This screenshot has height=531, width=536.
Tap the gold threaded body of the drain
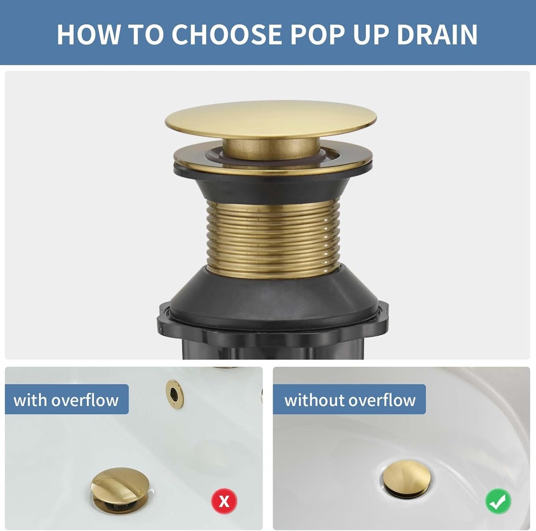273,238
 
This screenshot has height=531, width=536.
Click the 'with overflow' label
66,400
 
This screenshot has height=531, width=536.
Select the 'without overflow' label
350,400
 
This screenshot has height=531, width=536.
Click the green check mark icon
498,502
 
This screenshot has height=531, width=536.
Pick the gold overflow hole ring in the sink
175,394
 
